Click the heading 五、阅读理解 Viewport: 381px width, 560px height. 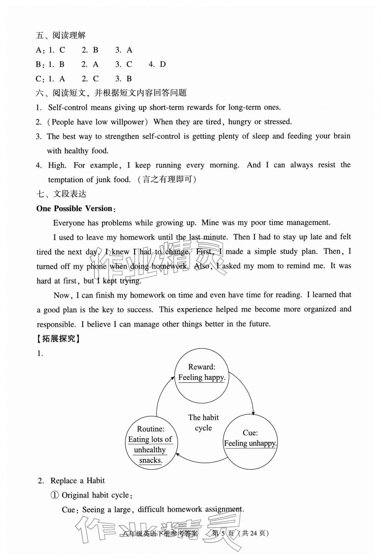click(61, 35)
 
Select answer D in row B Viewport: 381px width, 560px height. click(163, 64)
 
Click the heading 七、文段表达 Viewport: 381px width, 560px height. click(61, 194)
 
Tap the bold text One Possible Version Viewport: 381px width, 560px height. click(74, 208)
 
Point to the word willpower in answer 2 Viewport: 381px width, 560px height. click(127, 122)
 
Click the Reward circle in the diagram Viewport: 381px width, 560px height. click(201, 377)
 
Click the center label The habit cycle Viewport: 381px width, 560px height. click(203, 423)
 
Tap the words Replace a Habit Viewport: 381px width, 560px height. click(77, 481)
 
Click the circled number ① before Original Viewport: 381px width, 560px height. click(54, 495)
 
